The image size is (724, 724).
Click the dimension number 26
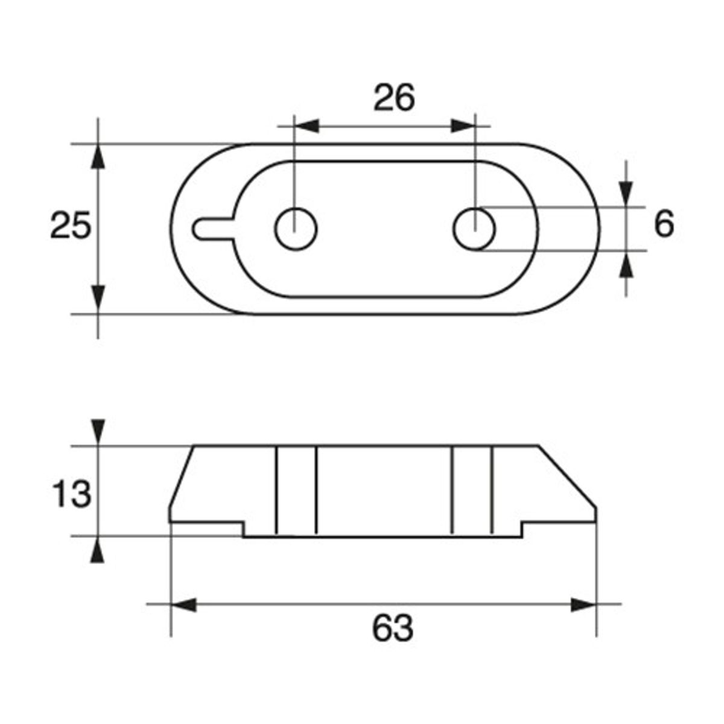394,98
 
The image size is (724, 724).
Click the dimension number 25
71,225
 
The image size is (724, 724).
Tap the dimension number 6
664,224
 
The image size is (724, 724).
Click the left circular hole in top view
296,229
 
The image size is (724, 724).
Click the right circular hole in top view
474,229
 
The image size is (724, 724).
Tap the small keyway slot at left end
215,228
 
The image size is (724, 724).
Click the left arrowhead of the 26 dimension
306,126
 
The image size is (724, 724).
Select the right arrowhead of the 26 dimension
463,126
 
